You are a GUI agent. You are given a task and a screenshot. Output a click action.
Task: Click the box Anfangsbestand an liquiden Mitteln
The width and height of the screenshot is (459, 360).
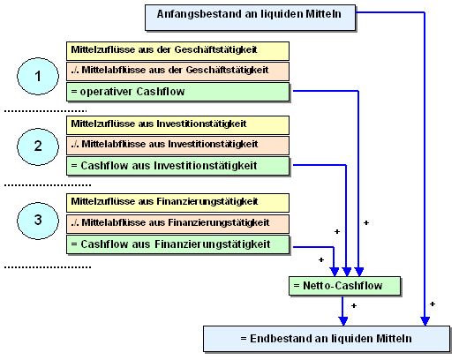pyautogui.click(x=250, y=18)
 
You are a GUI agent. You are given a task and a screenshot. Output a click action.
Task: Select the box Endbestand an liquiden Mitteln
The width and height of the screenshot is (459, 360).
pyautogui.click(x=327, y=339)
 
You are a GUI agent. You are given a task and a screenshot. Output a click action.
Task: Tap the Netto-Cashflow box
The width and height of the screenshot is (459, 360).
pyautogui.click(x=344, y=286)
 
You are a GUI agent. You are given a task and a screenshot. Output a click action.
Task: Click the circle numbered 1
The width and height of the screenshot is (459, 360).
pyautogui.click(x=38, y=76)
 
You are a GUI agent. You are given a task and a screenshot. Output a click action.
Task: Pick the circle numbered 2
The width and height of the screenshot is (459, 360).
pyautogui.click(x=38, y=146)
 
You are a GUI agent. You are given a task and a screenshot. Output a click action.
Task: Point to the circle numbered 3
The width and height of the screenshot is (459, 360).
pyautogui.click(x=38, y=221)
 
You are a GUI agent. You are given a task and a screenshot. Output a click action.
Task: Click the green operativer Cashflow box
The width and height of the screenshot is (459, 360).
pyautogui.click(x=177, y=92)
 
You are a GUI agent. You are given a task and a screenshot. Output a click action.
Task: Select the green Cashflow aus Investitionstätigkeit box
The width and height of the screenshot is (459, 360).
pyautogui.click(x=177, y=166)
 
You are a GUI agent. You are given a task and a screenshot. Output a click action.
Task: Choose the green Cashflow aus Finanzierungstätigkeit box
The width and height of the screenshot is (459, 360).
pyautogui.click(x=177, y=244)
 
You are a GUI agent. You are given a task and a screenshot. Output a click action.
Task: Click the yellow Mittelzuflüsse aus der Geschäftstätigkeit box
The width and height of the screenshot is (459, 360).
pyautogui.click(x=177, y=51)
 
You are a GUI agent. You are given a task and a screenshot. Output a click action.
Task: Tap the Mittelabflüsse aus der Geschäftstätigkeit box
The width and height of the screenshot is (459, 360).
pyautogui.click(x=177, y=71)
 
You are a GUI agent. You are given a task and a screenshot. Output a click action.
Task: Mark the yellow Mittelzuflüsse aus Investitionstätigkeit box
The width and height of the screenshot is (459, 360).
pyautogui.click(x=177, y=125)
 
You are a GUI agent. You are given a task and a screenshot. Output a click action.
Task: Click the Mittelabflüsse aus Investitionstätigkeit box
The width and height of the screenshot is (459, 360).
pyautogui.click(x=177, y=146)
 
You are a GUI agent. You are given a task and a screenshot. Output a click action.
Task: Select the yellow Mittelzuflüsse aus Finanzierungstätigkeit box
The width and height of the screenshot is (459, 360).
pyautogui.click(x=177, y=203)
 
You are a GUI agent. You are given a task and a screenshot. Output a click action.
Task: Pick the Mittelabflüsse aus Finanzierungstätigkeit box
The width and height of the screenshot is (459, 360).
pyautogui.click(x=177, y=224)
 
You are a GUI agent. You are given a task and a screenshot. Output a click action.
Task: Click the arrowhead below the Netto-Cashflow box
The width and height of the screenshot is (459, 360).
pyautogui.click(x=343, y=321)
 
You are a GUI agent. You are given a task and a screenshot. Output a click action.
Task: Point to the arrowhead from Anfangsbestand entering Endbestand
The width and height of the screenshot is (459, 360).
pyautogui.click(x=425, y=321)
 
